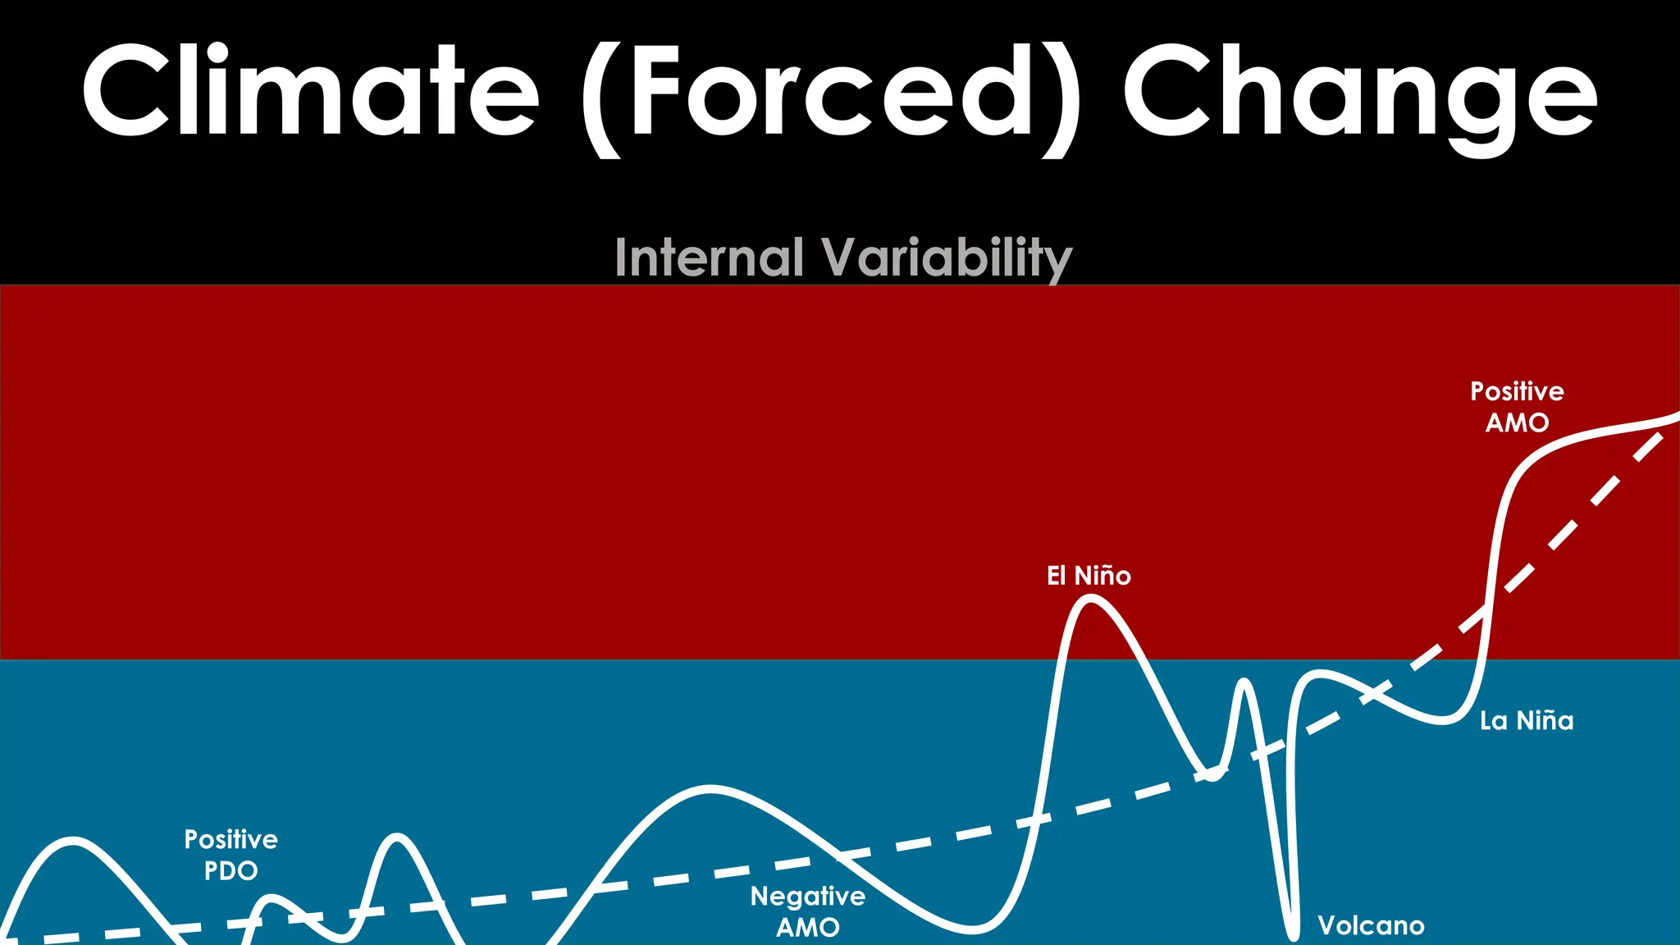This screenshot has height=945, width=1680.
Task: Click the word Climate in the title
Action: tap(310, 90)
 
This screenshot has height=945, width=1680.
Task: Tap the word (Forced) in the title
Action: tap(830, 94)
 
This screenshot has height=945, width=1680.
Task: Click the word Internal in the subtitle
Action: tap(709, 258)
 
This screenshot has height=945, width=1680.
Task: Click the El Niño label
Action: tap(1089, 576)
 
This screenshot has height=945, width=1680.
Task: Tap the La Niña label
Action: tap(1527, 721)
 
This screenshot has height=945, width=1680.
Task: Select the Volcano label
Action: tap(1371, 926)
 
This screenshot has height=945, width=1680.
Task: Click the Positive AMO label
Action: tap(1517, 407)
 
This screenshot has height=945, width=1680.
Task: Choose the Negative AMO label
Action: tap(808, 911)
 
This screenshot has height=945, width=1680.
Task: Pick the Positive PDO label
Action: tap(231, 855)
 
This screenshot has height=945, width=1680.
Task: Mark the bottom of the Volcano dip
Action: tap(1294, 935)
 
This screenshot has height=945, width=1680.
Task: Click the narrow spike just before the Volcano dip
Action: tap(1244, 682)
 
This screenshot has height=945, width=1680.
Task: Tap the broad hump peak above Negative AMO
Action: tap(710, 788)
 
